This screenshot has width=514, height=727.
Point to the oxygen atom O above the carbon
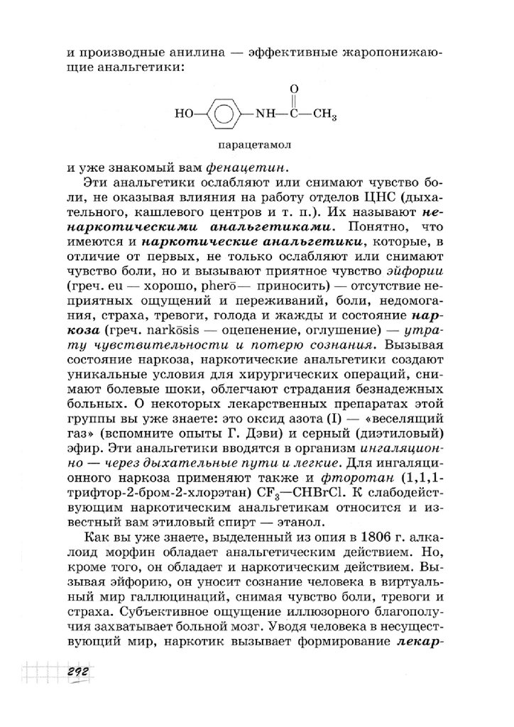[294, 88]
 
